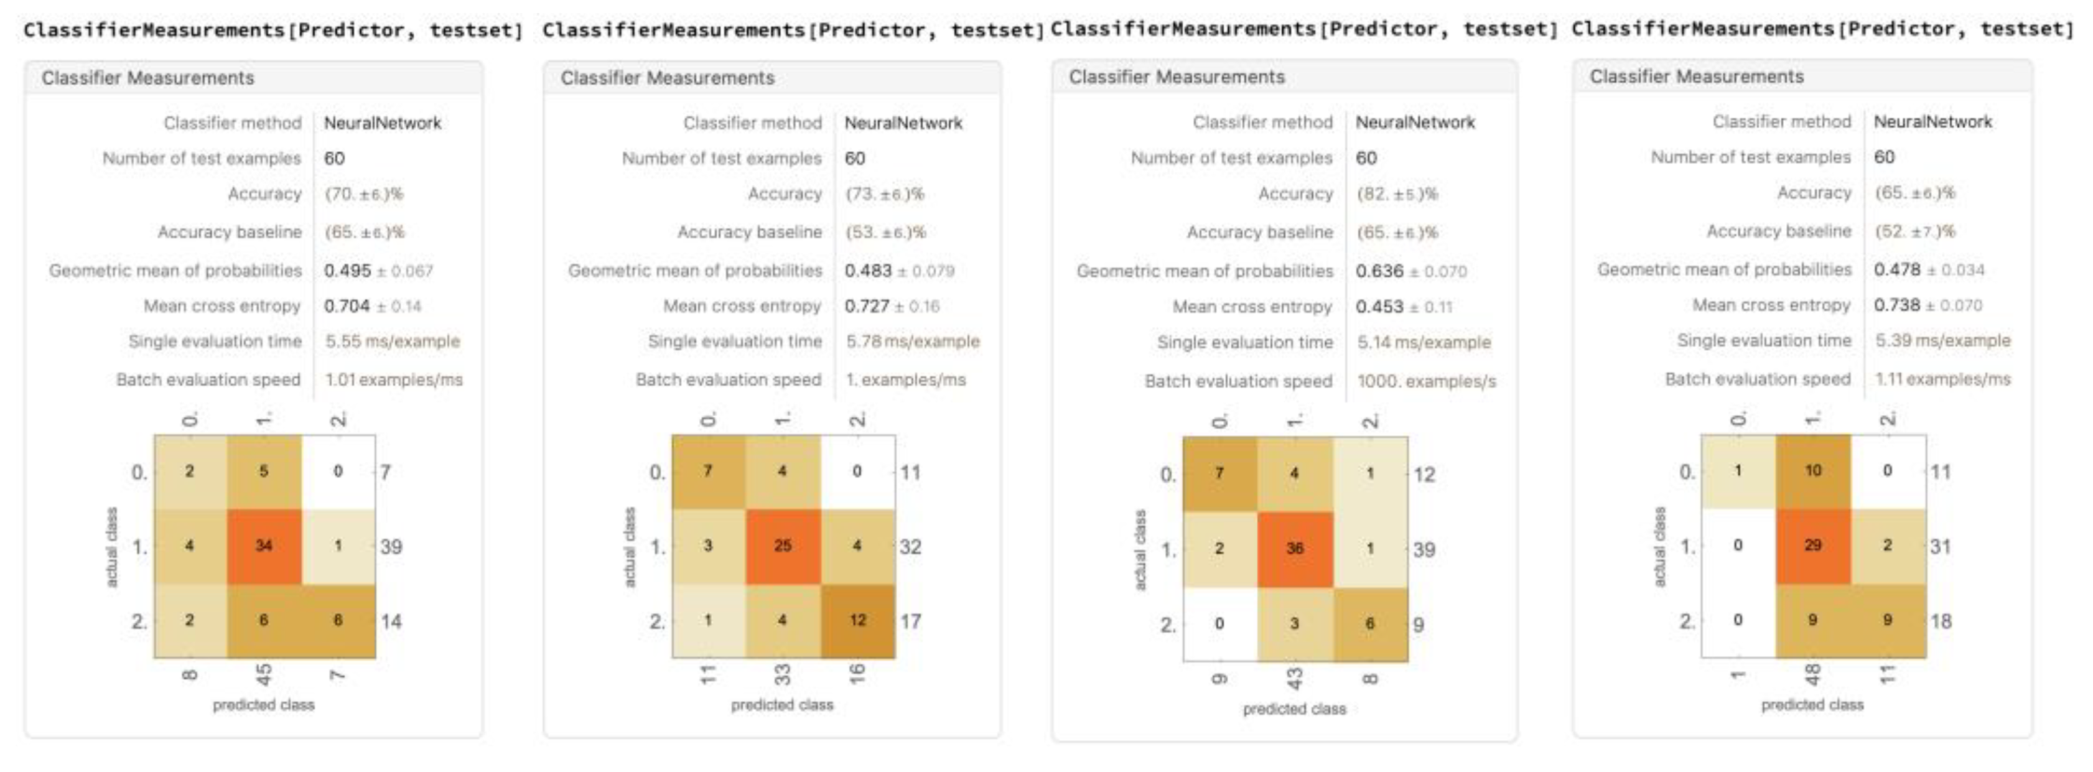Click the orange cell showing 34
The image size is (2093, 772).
pyautogui.click(x=264, y=546)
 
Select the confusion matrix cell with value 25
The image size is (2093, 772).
pyautogui.click(x=783, y=546)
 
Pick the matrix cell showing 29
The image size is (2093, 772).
pyautogui.click(x=1812, y=546)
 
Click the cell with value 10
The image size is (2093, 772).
pyautogui.click(x=1812, y=470)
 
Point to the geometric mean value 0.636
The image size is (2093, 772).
pyautogui.click(x=1379, y=271)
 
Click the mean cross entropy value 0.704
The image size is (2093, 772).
pyautogui.click(x=347, y=306)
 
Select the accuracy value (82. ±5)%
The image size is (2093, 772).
pyautogui.click(x=1397, y=194)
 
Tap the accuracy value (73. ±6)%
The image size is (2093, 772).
pyautogui.click(x=884, y=194)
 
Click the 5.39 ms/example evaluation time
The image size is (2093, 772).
pyautogui.click(x=1942, y=340)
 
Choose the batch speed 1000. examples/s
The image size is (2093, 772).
pyautogui.click(x=1426, y=381)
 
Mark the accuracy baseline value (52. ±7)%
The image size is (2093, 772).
pyautogui.click(x=1914, y=231)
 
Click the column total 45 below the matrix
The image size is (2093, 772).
pyautogui.click(x=264, y=674)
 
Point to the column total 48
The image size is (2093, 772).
pyautogui.click(x=1812, y=674)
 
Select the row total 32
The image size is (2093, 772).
pyautogui.click(x=910, y=547)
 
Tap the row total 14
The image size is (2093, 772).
pyautogui.click(x=391, y=621)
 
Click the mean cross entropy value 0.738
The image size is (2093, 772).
pyautogui.click(x=1897, y=305)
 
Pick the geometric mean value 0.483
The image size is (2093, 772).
pyautogui.click(x=868, y=271)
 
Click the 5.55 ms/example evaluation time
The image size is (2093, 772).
pyautogui.click(x=393, y=342)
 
